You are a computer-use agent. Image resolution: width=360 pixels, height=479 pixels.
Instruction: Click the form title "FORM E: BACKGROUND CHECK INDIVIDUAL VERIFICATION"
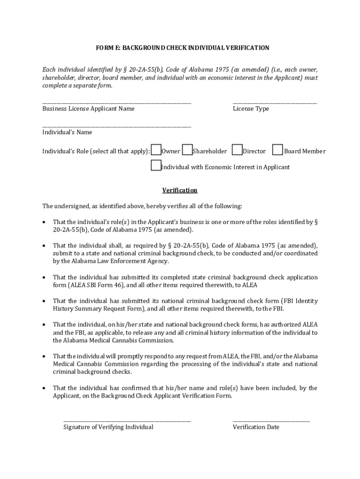pos(182,48)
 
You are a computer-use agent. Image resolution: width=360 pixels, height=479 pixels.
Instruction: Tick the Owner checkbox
pos(156,150)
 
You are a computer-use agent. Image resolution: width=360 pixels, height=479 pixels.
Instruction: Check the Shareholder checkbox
pos(187,150)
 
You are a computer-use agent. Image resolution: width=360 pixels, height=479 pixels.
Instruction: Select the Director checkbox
pos(237,150)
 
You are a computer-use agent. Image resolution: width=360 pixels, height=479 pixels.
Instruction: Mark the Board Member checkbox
pos(278,150)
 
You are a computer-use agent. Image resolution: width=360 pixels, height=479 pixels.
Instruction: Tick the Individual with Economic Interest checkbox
pos(156,166)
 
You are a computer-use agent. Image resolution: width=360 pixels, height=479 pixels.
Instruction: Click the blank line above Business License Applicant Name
pos(117,102)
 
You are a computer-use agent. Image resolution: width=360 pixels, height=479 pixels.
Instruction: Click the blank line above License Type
pos(274,102)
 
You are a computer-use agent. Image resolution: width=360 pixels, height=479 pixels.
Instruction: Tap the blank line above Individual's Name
pos(117,126)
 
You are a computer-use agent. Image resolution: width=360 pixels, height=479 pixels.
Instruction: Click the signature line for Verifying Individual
pos(127,421)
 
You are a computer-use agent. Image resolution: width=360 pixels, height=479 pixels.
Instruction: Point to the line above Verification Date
pos(271,421)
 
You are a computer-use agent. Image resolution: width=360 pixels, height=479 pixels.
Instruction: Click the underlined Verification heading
pos(180,190)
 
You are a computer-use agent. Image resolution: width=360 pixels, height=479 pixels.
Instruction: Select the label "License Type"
pos(251,109)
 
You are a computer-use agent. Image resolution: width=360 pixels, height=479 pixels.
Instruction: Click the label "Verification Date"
pos(256,427)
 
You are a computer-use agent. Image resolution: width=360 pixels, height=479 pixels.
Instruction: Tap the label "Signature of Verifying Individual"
pos(108,427)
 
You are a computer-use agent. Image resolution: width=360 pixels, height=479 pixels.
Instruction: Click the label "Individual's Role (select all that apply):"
pos(96,151)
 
